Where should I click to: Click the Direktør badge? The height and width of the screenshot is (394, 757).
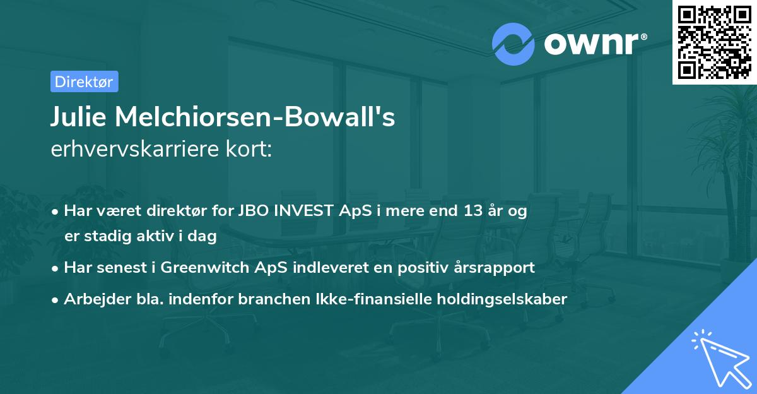tap(84, 81)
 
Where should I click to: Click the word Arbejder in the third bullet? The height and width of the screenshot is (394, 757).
tap(91, 299)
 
